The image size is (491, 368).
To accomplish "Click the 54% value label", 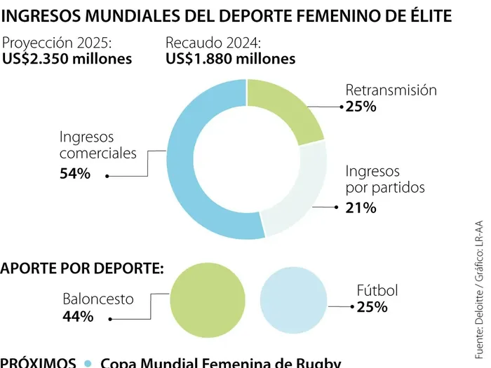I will [75, 174].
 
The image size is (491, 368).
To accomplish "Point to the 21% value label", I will [361, 207].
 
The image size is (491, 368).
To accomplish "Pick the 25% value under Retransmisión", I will [361, 107].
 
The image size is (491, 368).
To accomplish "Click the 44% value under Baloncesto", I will [78, 316].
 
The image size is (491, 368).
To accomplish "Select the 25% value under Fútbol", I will [372, 306].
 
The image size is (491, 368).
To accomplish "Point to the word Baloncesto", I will [97, 299].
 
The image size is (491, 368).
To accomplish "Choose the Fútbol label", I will [377, 290].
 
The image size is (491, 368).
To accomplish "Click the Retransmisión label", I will [391, 90].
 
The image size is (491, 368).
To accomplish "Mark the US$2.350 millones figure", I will [67, 59].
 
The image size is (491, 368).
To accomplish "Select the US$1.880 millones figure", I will [231, 59].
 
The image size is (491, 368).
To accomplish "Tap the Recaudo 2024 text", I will [213, 43].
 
